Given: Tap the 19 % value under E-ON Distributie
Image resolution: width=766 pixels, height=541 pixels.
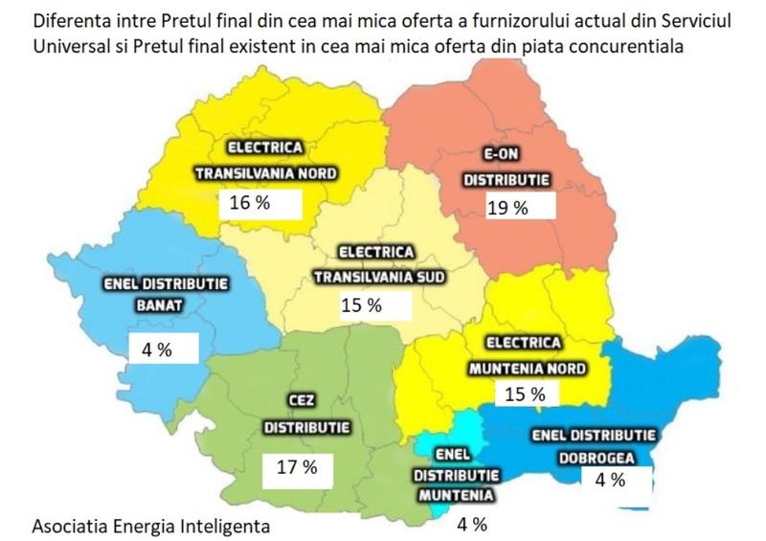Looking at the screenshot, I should tap(507, 207).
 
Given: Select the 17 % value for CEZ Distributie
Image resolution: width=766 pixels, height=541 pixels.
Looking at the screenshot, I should tap(297, 468).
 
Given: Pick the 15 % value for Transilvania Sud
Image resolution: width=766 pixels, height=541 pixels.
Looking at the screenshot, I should tap(361, 305).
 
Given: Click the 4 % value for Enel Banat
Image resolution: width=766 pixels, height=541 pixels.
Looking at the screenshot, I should tap(156, 349).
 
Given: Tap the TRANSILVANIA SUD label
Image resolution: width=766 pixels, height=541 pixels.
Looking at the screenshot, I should tap(377, 278).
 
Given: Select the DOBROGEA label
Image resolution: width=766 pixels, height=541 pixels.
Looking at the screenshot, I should tap(606, 457).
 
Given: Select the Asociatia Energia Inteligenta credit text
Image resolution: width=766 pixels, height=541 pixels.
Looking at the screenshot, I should tap(150, 525).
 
